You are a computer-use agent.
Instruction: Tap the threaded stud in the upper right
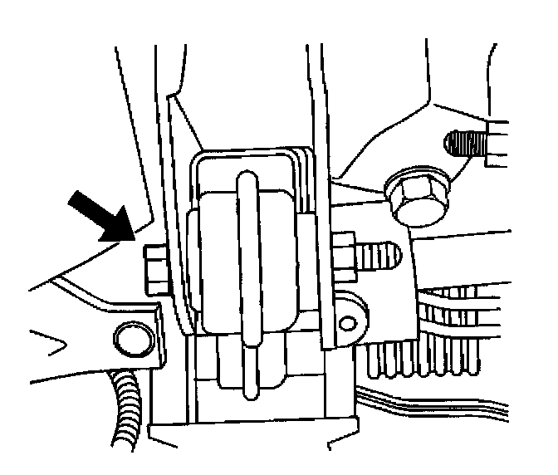(466, 145)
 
